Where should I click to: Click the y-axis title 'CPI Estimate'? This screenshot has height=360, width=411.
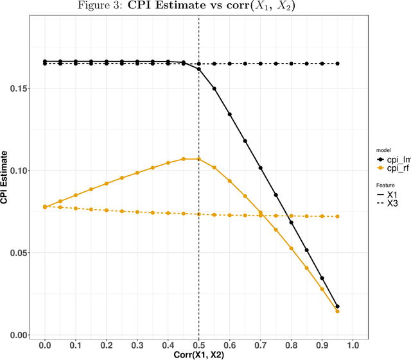point(5,176)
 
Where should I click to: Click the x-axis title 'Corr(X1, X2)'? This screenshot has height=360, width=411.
point(199,354)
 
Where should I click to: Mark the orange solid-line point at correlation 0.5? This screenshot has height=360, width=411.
point(199,159)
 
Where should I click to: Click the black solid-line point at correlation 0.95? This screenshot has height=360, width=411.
point(337,307)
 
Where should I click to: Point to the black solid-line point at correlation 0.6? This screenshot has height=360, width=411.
point(230,114)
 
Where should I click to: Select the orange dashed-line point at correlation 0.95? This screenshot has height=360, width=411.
point(337,216)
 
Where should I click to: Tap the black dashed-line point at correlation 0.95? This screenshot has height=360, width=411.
point(337,64)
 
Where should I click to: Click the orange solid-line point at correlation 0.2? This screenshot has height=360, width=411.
point(107,184)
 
